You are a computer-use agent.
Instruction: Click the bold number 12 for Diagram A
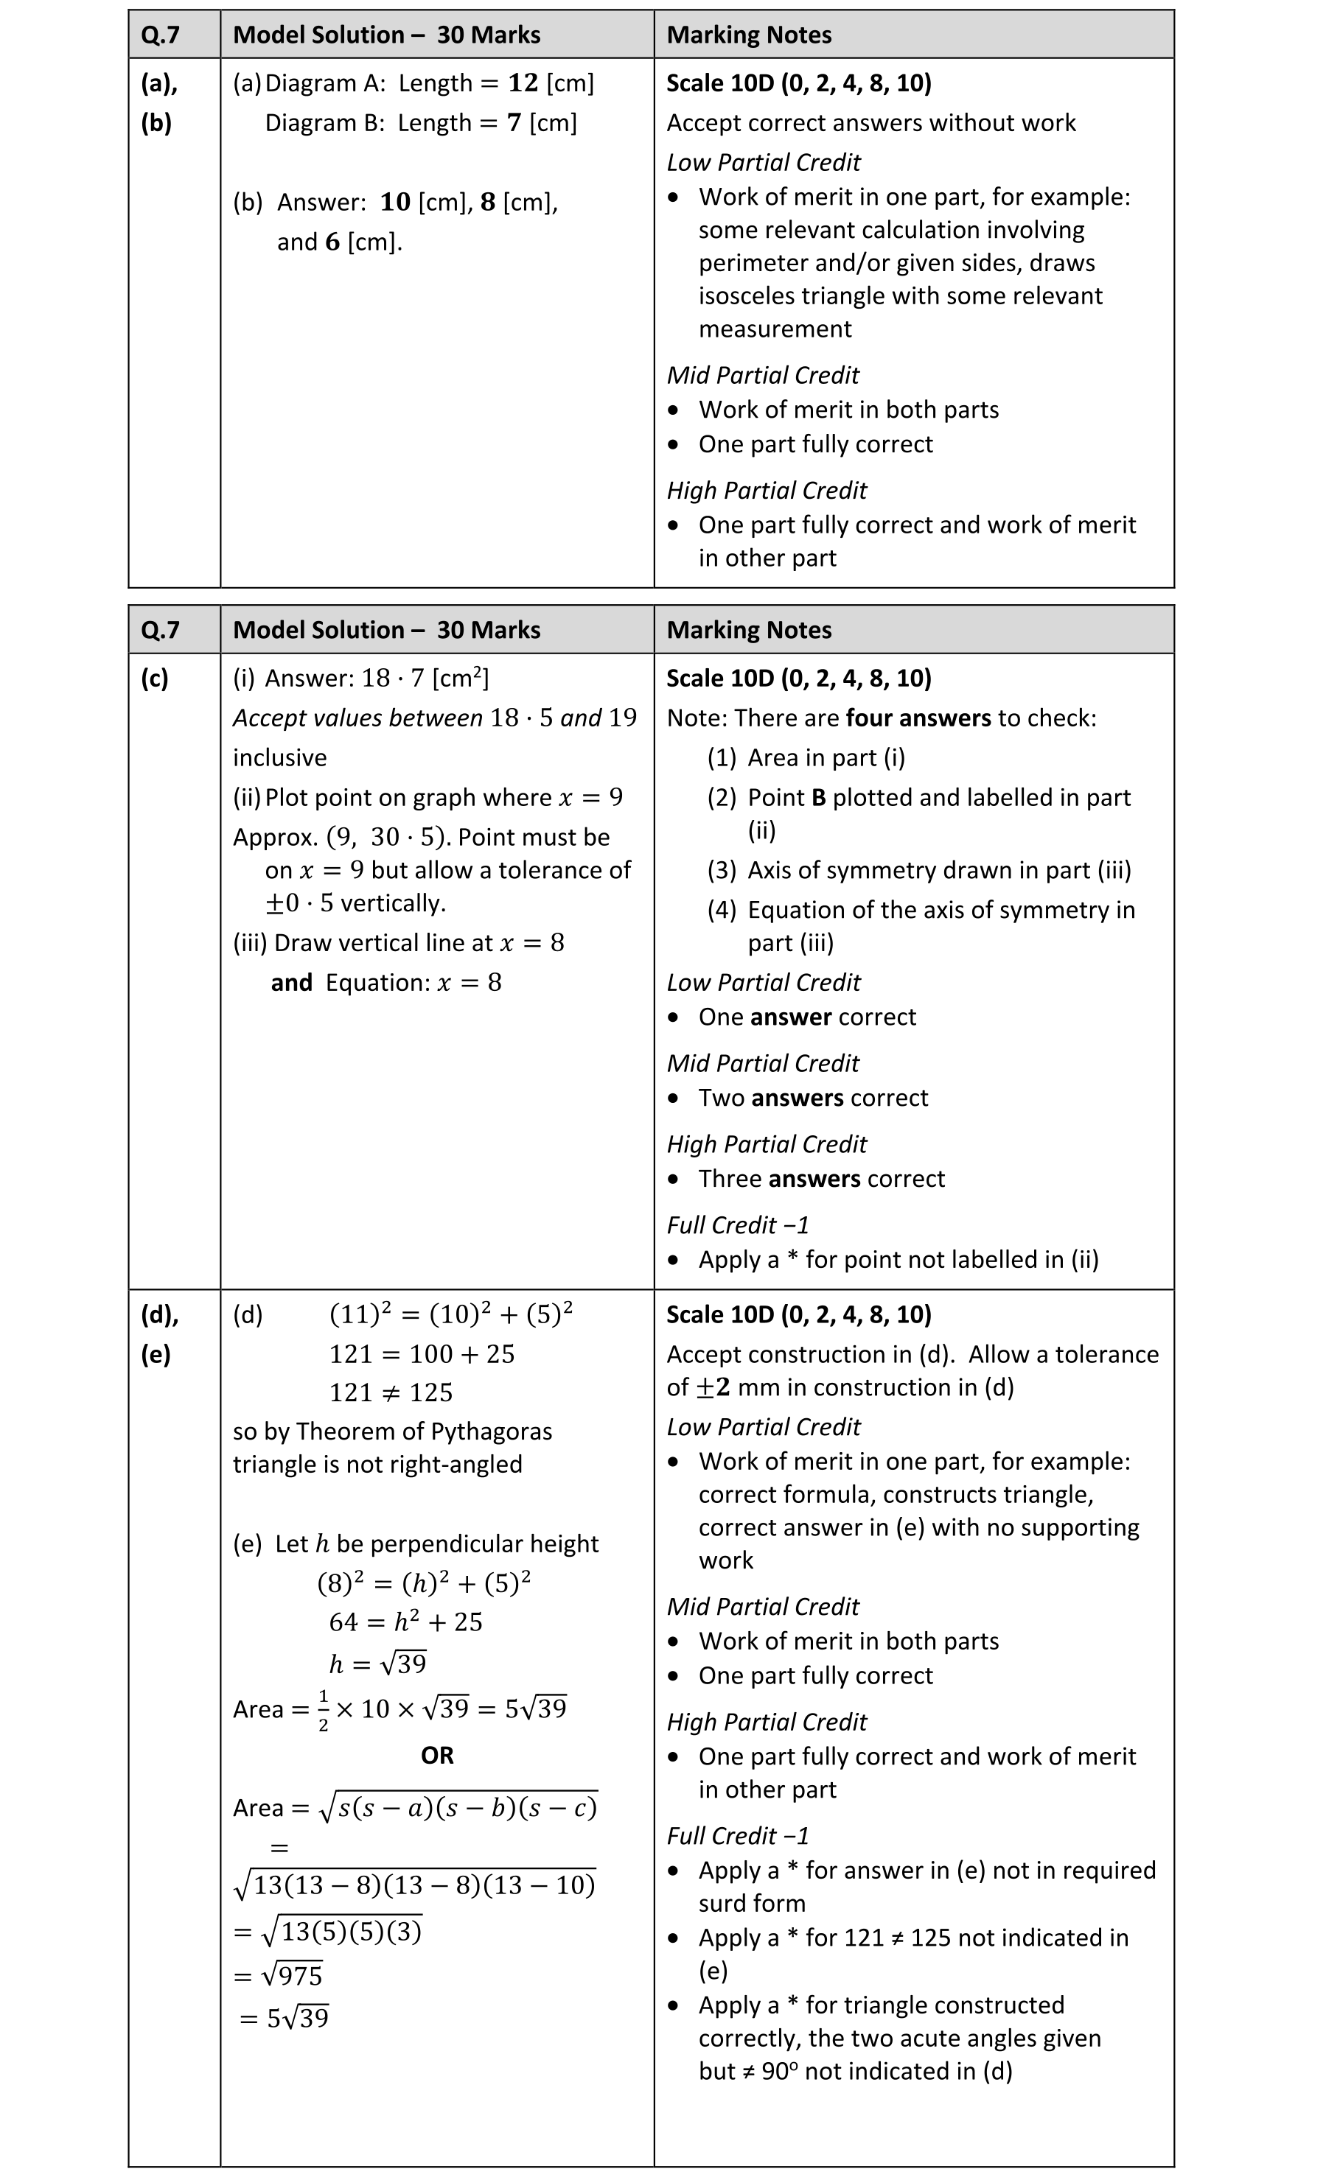[x=523, y=83]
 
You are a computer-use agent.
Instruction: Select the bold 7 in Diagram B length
[x=514, y=123]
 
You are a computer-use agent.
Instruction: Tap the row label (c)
[x=154, y=679]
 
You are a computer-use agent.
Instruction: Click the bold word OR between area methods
[x=437, y=1756]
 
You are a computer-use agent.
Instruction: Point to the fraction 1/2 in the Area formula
[x=323, y=1708]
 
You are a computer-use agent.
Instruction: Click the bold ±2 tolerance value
[x=713, y=1388]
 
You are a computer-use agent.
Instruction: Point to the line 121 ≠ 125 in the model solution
[x=391, y=1393]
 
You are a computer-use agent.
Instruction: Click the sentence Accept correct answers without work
[x=870, y=123]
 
